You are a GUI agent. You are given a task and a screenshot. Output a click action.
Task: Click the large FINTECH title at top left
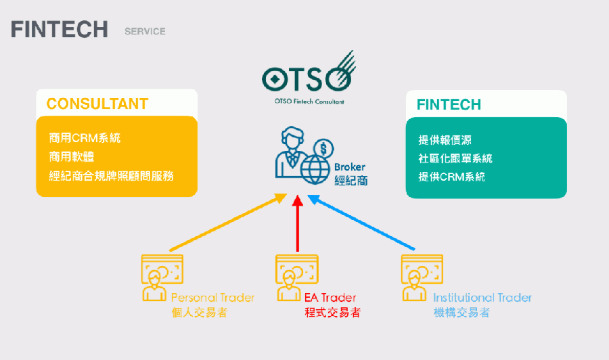click(60, 30)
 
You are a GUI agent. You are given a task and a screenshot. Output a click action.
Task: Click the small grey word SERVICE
click(145, 31)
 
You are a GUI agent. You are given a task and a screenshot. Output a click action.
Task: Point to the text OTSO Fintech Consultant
click(309, 102)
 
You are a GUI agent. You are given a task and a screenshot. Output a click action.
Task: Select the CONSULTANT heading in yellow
click(97, 104)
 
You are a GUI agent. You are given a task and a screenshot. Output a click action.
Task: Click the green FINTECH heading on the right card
click(449, 105)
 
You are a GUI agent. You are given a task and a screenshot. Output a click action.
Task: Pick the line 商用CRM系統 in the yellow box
click(85, 138)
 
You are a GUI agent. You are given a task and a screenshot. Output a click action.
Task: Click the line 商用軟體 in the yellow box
click(72, 157)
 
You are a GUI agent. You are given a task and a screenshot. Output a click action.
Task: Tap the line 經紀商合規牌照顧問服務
click(111, 176)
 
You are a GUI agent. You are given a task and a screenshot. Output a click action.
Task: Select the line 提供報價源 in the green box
click(445, 140)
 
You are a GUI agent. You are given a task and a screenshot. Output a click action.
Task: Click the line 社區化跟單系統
click(455, 158)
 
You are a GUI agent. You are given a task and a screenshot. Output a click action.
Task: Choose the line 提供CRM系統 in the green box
click(452, 177)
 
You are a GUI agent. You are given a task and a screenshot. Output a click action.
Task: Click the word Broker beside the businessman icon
click(350, 167)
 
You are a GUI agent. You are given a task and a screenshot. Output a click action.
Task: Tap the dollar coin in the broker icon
click(323, 149)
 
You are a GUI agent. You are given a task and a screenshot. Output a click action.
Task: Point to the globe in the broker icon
click(315, 169)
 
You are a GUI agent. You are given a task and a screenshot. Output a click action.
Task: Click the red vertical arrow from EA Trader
click(298, 223)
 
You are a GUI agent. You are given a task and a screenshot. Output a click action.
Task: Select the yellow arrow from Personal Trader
click(228, 223)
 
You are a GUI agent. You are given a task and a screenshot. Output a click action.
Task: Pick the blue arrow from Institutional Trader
click(361, 223)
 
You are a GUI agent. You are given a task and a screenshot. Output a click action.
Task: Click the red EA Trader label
click(330, 298)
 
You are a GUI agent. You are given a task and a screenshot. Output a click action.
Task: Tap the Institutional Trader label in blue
click(482, 298)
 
